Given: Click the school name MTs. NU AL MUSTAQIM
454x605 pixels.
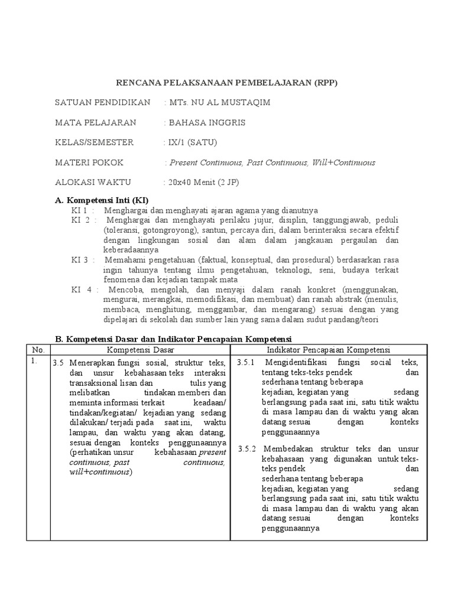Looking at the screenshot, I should pyautogui.click(x=218, y=102).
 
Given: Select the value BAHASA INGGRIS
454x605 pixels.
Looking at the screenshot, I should pyautogui.click(x=206, y=122).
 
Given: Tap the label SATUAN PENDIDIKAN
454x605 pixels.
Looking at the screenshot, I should pyautogui.click(x=103, y=102).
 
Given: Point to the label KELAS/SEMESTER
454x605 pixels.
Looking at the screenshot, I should pyautogui.click(x=95, y=142).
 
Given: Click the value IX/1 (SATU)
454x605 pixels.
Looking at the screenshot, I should pyautogui.click(x=191, y=142).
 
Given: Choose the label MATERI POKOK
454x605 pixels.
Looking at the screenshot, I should pyautogui.click(x=90, y=162).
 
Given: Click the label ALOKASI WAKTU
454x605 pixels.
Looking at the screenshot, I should pyautogui.click(x=93, y=183).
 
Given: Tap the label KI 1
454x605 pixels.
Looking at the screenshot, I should pyautogui.click(x=80, y=210).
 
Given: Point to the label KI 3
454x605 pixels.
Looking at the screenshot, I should pyautogui.click(x=80, y=259).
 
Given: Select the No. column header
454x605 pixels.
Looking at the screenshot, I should pyautogui.click(x=37, y=350).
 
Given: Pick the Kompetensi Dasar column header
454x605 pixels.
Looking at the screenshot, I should pyautogui.click(x=140, y=350).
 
